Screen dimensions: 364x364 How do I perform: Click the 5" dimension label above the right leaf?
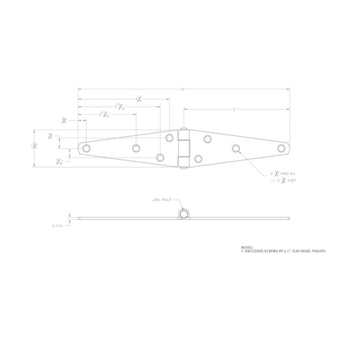[x=234, y=108]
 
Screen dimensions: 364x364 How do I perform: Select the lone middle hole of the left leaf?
[x=136, y=147]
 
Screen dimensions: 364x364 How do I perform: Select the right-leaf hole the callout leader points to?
[x=235, y=148]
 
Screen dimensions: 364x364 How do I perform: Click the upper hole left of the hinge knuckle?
[x=169, y=138]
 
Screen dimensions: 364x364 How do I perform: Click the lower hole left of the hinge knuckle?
[x=161, y=157]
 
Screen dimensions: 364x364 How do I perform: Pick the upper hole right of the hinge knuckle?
[x=207, y=139]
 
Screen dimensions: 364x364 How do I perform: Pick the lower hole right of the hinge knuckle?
[x=198, y=158]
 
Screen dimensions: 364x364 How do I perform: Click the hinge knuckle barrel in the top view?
[x=184, y=147]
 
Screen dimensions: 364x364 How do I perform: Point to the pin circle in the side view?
[x=184, y=214]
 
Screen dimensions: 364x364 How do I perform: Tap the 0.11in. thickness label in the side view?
[x=58, y=225]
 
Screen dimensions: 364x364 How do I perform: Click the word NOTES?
[x=248, y=246]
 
